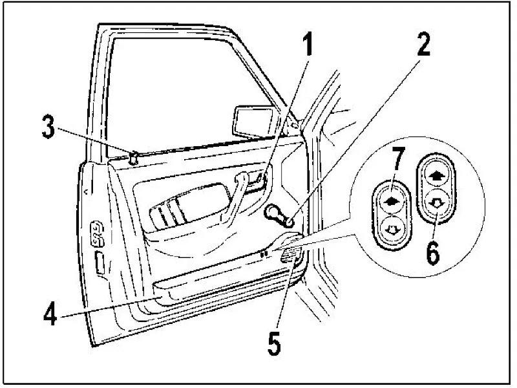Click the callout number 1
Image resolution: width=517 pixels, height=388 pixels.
pyautogui.click(x=308, y=44)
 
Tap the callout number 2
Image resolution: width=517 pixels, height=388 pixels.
pyautogui.click(x=423, y=44)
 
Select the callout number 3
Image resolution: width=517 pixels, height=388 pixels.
pyautogui.click(x=48, y=126)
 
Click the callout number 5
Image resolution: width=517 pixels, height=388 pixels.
pyautogui.click(x=274, y=343)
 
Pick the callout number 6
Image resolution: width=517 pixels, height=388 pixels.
pyautogui.click(x=433, y=252)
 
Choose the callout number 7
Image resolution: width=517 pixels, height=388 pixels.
pyautogui.click(x=398, y=159)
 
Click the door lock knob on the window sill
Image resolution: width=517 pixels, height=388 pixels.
pyautogui.click(x=133, y=158)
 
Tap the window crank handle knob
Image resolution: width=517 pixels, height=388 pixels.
pyautogui.click(x=288, y=222)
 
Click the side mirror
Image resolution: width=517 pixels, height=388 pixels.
pyautogui.click(x=254, y=122)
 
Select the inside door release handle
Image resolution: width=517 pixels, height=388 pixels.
pyautogui.click(x=256, y=181)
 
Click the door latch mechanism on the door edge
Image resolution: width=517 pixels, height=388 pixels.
pyautogui.click(x=97, y=233)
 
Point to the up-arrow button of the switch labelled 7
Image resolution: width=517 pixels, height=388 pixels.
pyautogui.click(x=391, y=201)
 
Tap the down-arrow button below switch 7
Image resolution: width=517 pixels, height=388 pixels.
pyautogui.click(x=392, y=229)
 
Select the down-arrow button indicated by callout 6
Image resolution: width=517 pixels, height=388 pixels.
pyautogui.click(x=437, y=203)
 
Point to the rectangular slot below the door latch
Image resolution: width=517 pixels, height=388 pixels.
pyautogui.click(x=100, y=263)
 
